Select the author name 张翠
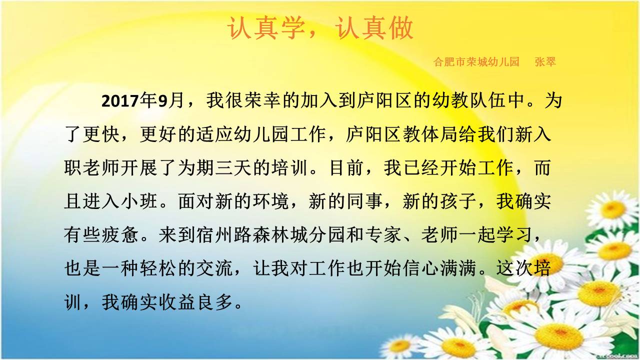coord(545,61)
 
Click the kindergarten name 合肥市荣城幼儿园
coord(476,61)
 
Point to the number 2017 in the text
coord(120,101)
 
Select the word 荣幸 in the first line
coord(263,100)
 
